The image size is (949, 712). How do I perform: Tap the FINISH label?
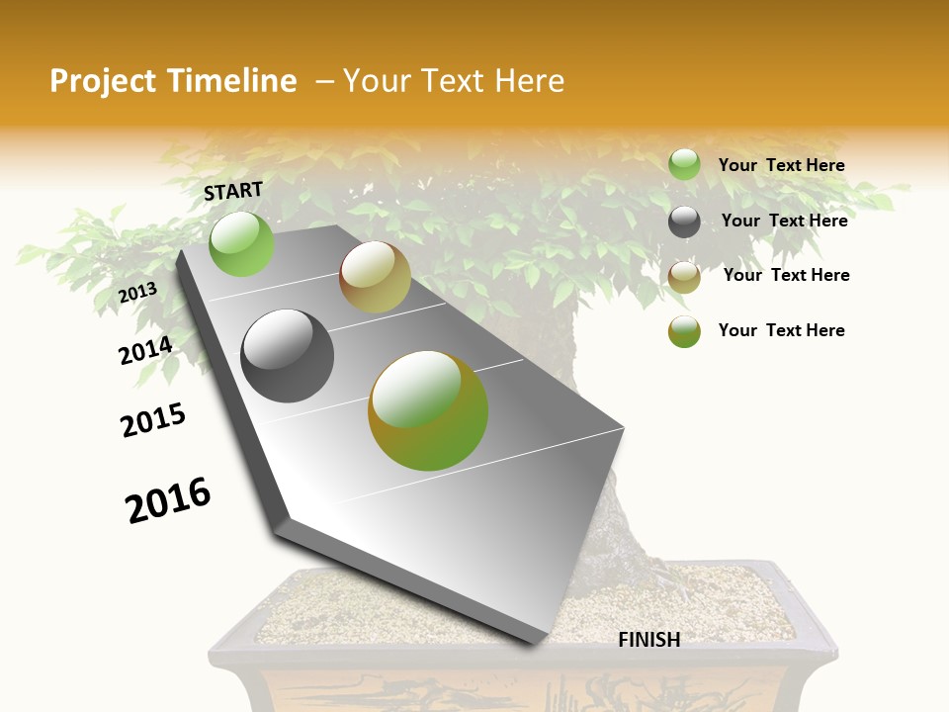coord(649,640)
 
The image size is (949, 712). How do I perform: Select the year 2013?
coord(137,293)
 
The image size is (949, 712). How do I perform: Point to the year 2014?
coord(145,351)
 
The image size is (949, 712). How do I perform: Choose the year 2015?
coord(153,420)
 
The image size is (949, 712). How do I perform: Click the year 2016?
coord(168,500)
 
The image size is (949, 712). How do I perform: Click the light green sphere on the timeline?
coord(241,243)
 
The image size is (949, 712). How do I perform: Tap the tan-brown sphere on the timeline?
coord(375,277)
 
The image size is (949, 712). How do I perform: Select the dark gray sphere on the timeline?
coord(287,355)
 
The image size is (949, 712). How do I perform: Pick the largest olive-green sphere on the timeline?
coord(428,410)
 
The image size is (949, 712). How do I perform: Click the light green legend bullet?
coord(684,164)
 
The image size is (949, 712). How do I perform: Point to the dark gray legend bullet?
coord(684,222)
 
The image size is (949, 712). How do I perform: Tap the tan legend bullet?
coord(684,277)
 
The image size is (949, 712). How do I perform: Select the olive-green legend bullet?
coord(684,331)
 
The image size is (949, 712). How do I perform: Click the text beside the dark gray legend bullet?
coord(784,221)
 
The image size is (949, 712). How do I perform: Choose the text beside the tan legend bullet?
coord(786,275)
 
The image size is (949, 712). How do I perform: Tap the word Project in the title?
coord(102,81)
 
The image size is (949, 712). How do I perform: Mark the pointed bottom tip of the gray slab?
coord(534,644)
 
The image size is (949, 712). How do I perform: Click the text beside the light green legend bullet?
coord(781,165)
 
